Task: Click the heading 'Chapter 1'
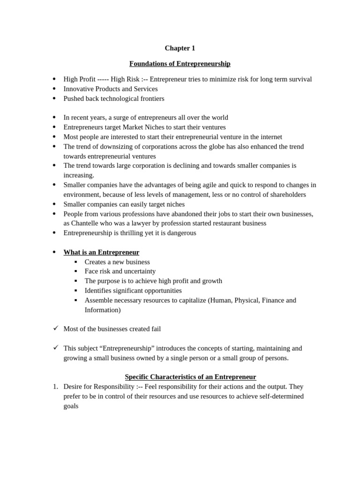(x=180, y=48)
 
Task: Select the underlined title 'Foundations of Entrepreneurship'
(x=180, y=64)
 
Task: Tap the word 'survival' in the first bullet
(x=299, y=79)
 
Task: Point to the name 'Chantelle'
(x=87, y=223)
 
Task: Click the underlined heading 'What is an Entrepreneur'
(x=101, y=252)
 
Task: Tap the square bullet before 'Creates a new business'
(x=75, y=262)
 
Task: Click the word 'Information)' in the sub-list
(x=103, y=310)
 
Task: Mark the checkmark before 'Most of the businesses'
(x=55, y=329)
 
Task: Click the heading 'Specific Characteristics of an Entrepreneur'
(x=190, y=377)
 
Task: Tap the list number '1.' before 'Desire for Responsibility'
(x=55, y=387)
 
